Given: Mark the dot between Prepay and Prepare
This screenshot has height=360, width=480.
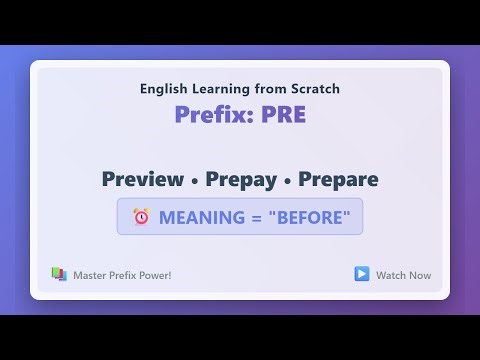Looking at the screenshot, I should coord(286,181).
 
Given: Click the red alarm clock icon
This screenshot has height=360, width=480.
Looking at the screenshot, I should coord(140,217).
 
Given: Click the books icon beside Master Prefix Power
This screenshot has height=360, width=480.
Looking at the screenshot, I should coord(59,274).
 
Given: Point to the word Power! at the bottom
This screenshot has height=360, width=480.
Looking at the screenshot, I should coord(154,275).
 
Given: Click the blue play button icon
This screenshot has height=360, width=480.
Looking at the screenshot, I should coord(361,274).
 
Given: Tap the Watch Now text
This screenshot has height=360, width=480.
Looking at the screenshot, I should coord(403,275).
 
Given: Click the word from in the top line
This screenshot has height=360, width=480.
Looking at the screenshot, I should coord(270,89).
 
